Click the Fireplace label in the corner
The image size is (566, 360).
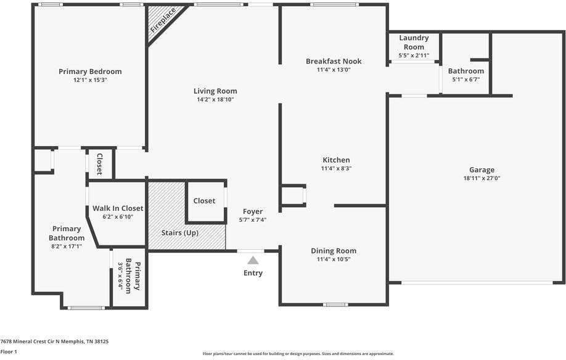click(x=163, y=20)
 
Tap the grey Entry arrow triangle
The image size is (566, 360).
click(x=253, y=260)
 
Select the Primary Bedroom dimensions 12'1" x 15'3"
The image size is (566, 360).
click(x=90, y=80)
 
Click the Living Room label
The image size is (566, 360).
click(x=215, y=91)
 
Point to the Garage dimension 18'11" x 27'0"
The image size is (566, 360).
click(x=482, y=178)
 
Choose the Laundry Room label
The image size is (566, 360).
click(x=414, y=43)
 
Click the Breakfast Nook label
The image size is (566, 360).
click(x=334, y=61)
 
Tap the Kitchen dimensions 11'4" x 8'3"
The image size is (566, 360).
click(x=337, y=168)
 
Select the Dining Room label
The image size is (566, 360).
click(x=334, y=251)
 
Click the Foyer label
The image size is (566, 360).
click(x=253, y=211)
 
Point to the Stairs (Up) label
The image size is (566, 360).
click(x=180, y=232)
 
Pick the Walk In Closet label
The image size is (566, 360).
click(x=118, y=208)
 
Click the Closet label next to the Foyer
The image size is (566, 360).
click(x=204, y=201)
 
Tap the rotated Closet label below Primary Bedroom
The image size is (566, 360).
click(x=100, y=164)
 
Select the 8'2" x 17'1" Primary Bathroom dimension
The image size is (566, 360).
click(x=67, y=247)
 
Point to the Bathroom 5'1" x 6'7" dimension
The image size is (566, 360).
click(x=466, y=80)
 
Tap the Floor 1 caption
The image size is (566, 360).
click(x=9, y=352)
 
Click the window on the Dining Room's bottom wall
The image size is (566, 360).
click(x=335, y=305)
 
